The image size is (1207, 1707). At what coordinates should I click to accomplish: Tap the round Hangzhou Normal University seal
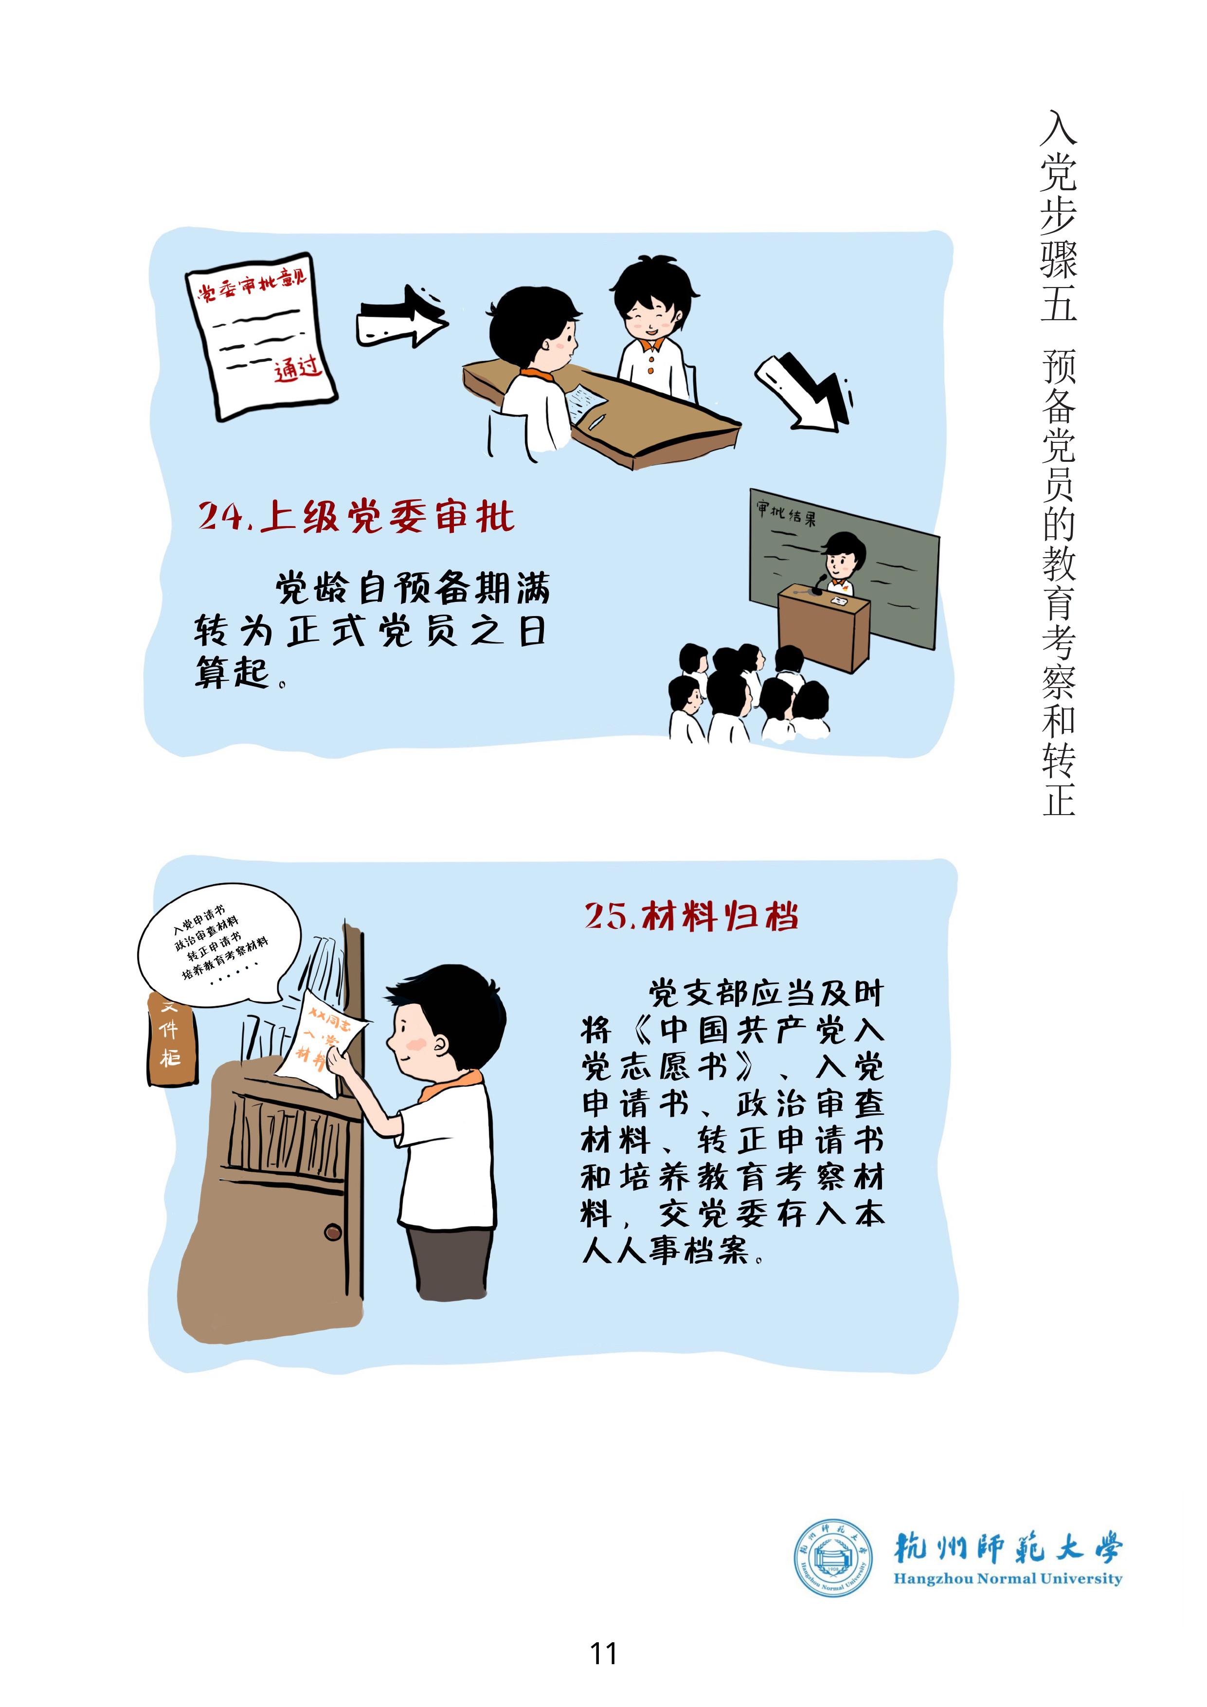832,1557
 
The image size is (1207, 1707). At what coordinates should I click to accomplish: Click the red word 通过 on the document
297,368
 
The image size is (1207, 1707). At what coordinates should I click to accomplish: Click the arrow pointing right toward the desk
402,317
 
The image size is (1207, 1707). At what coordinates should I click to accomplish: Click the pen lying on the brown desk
597,421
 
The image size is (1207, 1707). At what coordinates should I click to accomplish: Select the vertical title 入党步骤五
1058,217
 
